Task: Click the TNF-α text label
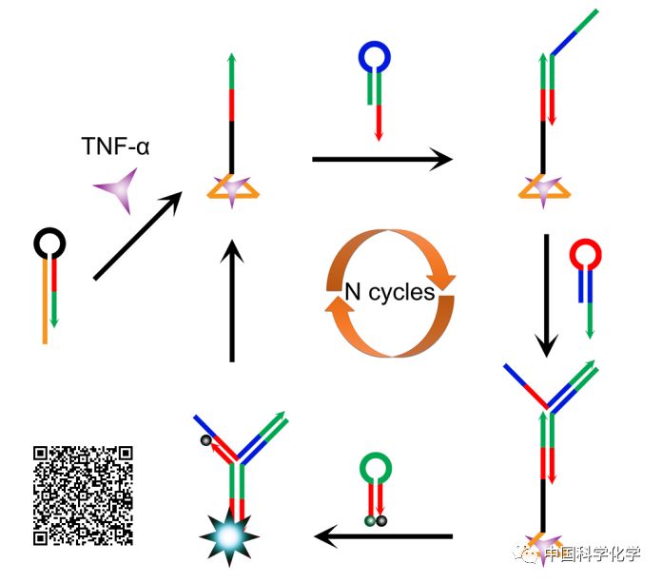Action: [x=115, y=146]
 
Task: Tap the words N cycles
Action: [x=389, y=293]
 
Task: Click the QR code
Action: [x=83, y=496]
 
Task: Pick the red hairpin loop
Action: [x=585, y=254]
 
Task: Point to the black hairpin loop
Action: [x=49, y=244]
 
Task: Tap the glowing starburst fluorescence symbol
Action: [x=229, y=536]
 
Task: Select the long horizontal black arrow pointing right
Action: [x=381, y=159]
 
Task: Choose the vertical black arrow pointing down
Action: [x=545, y=295]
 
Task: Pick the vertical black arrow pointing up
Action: [x=232, y=300]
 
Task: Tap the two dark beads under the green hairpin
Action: [x=375, y=520]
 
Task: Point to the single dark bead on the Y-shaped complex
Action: [x=204, y=440]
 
